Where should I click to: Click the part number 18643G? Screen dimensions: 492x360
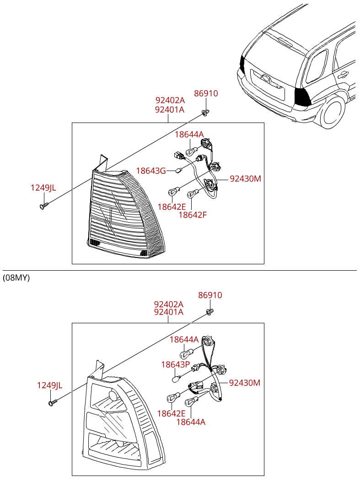[x=151, y=171]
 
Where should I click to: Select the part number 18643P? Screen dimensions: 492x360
[x=175, y=364]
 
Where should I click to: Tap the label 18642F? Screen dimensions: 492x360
[x=193, y=215]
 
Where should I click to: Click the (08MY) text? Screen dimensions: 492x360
[x=16, y=278]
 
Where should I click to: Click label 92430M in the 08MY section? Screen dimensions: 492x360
[x=245, y=383]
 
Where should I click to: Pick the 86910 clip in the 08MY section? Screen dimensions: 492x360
[x=210, y=312]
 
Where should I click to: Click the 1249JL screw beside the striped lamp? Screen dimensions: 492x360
[x=43, y=206]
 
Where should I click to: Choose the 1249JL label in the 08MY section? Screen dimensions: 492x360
[x=49, y=385]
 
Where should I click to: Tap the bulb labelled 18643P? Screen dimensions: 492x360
[x=177, y=378]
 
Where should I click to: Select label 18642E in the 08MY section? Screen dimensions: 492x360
[x=171, y=413]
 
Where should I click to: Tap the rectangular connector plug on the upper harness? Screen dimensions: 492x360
[x=178, y=155]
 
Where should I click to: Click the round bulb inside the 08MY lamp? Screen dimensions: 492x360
[x=113, y=396]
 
